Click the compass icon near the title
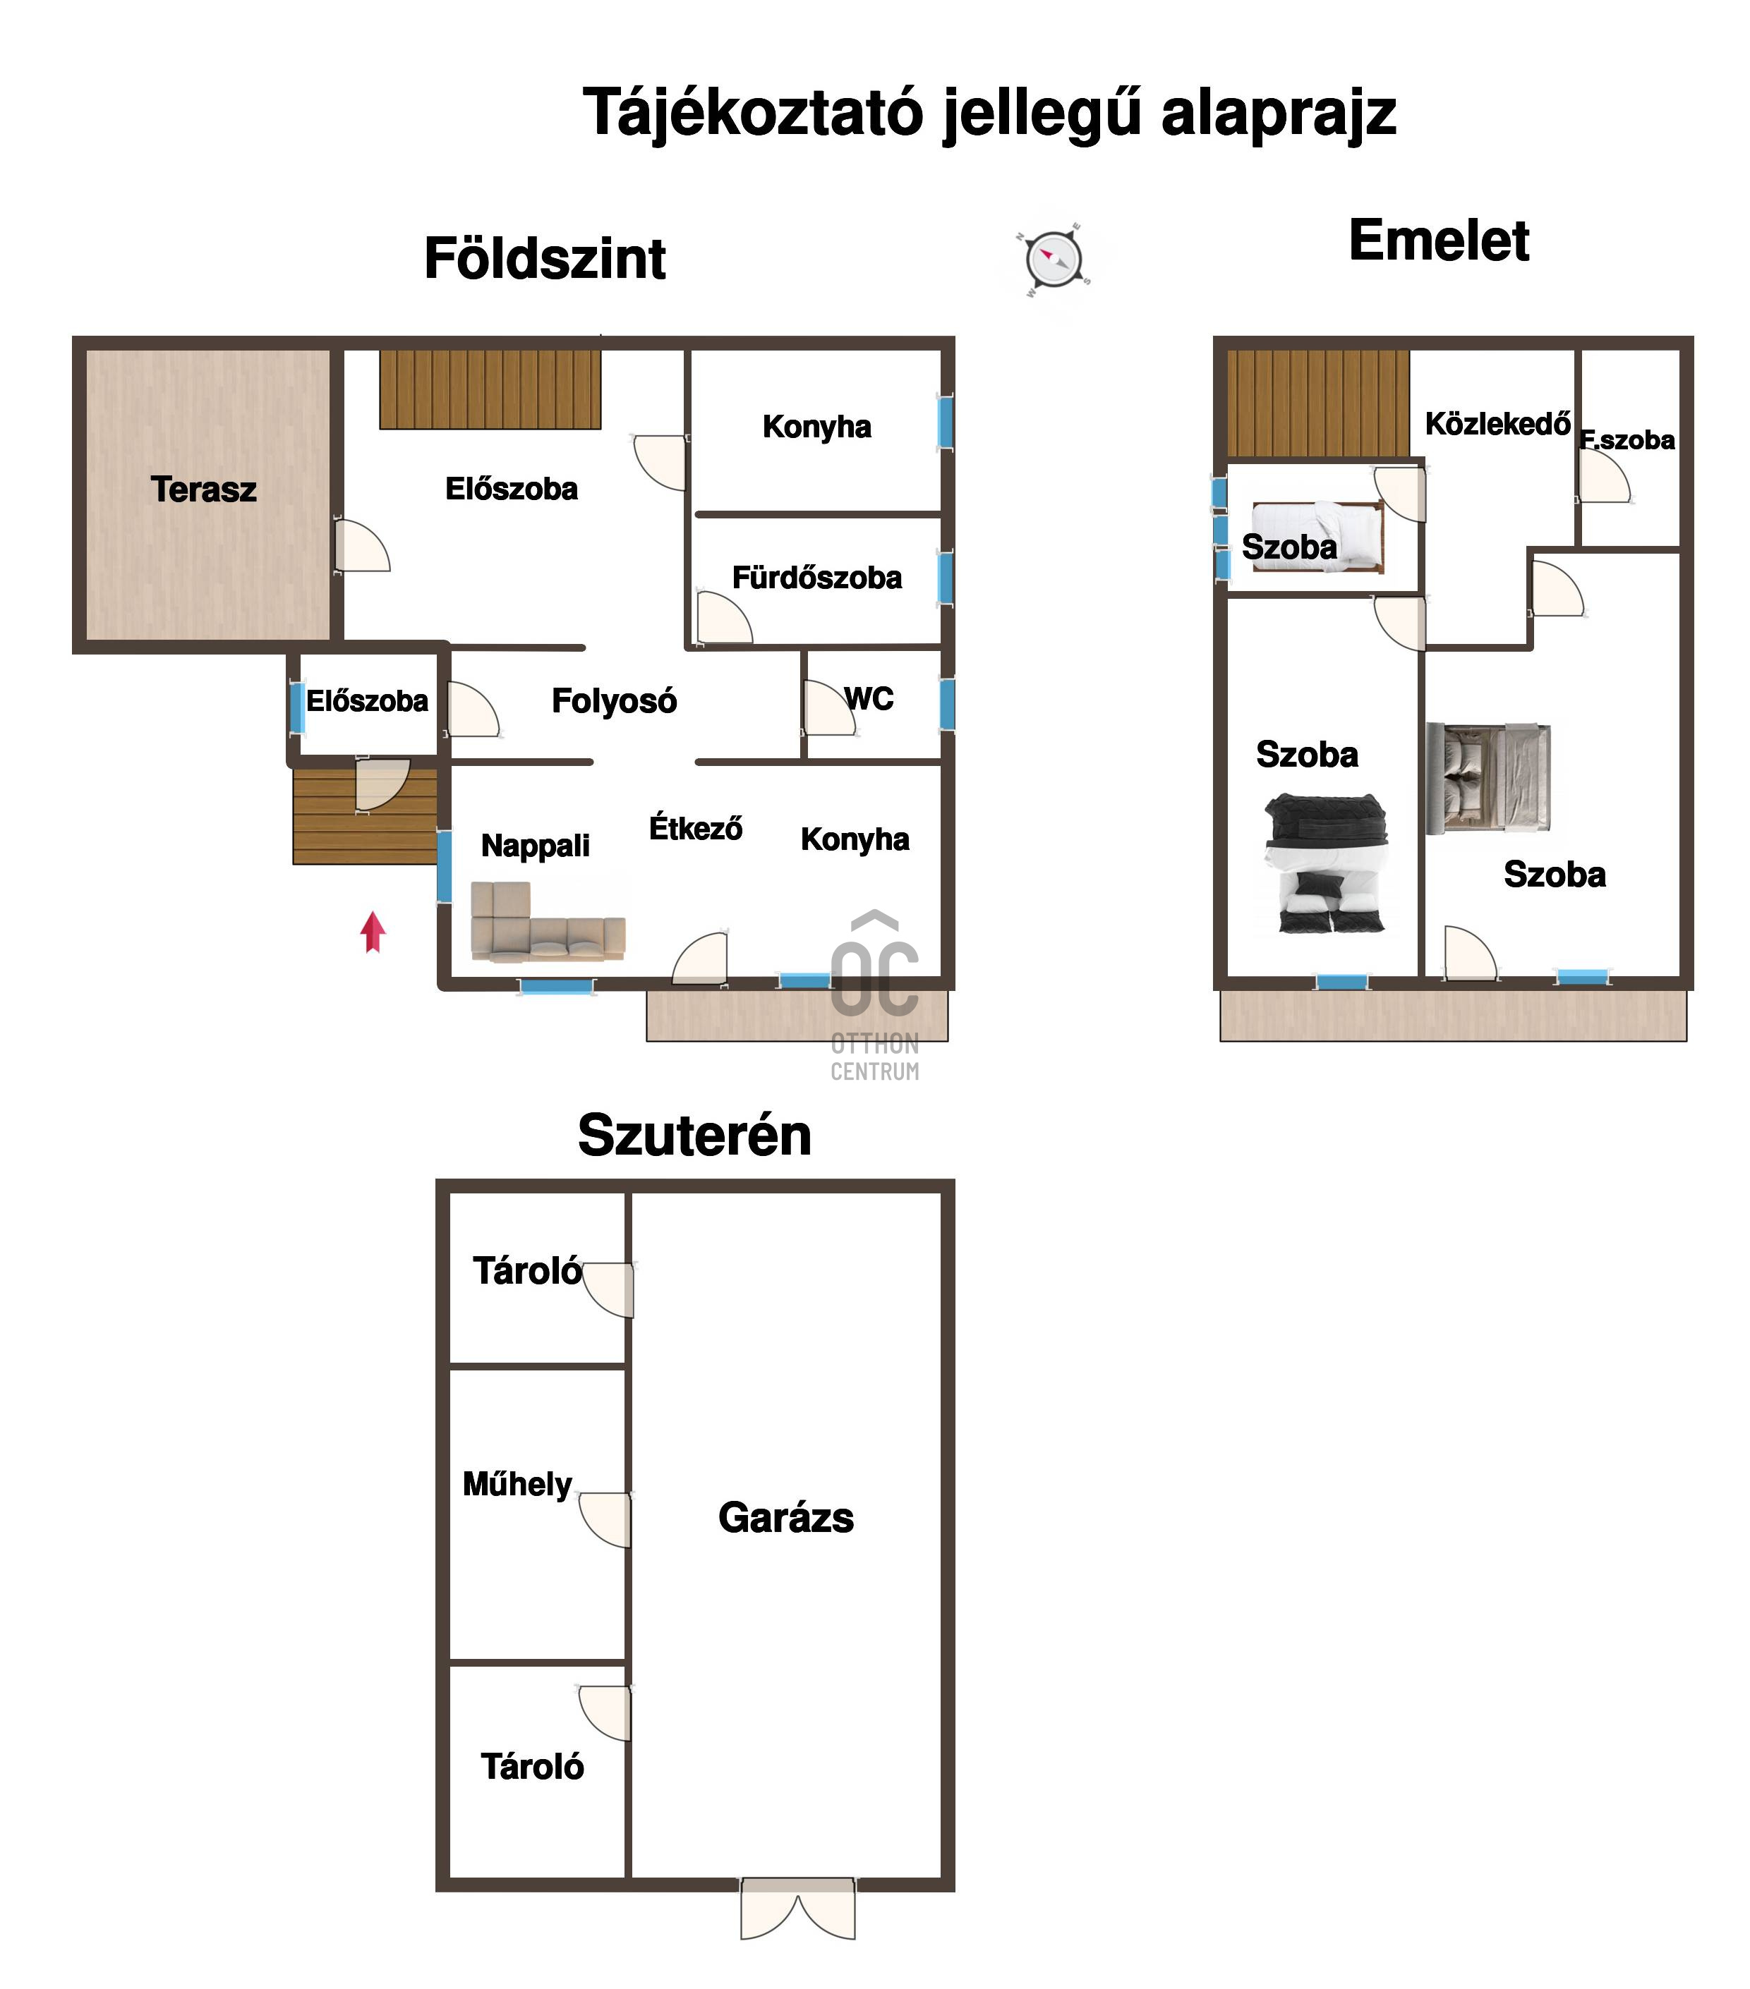click(x=1053, y=260)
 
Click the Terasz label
click(x=203, y=489)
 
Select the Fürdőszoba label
click(x=816, y=578)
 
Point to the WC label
click(x=869, y=699)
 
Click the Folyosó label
click(x=613, y=700)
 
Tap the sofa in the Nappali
click(x=546, y=923)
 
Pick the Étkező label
click(x=695, y=828)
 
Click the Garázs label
click(x=785, y=1518)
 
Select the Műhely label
click(x=517, y=1484)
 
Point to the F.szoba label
click(x=1627, y=440)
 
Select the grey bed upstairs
click(x=1488, y=779)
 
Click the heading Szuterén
click(x=694, y=1135)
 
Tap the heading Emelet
click(x=1439, y=241)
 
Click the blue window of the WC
click(x=947, y=702)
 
